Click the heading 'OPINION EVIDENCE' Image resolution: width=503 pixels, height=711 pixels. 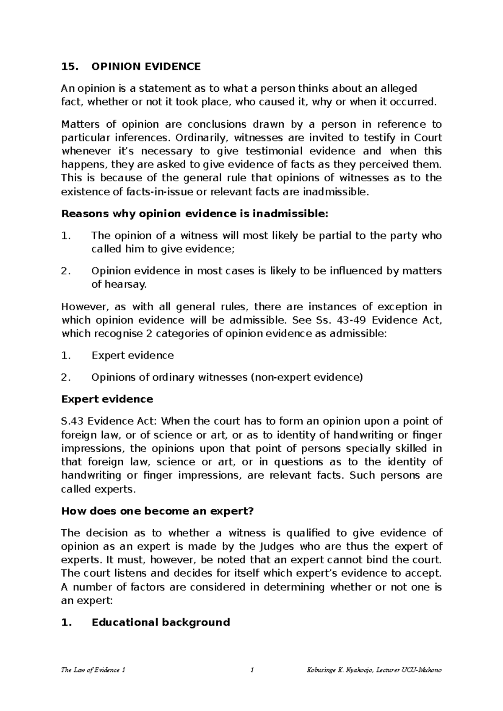pyautogui.click(x=146, y=67)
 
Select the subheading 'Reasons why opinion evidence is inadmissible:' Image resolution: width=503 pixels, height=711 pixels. pyautogui.click(x=193, y=214)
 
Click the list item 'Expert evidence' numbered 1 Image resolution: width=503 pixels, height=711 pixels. pyautogui.click(x=132, y=355)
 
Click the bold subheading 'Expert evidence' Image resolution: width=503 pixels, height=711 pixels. pyautogui.click(x=107, y=399)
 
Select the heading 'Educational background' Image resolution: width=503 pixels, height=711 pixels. pyautogui.click(x=161, y=622)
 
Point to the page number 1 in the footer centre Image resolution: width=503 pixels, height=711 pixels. pyautogui.click(x=251, y=670)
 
